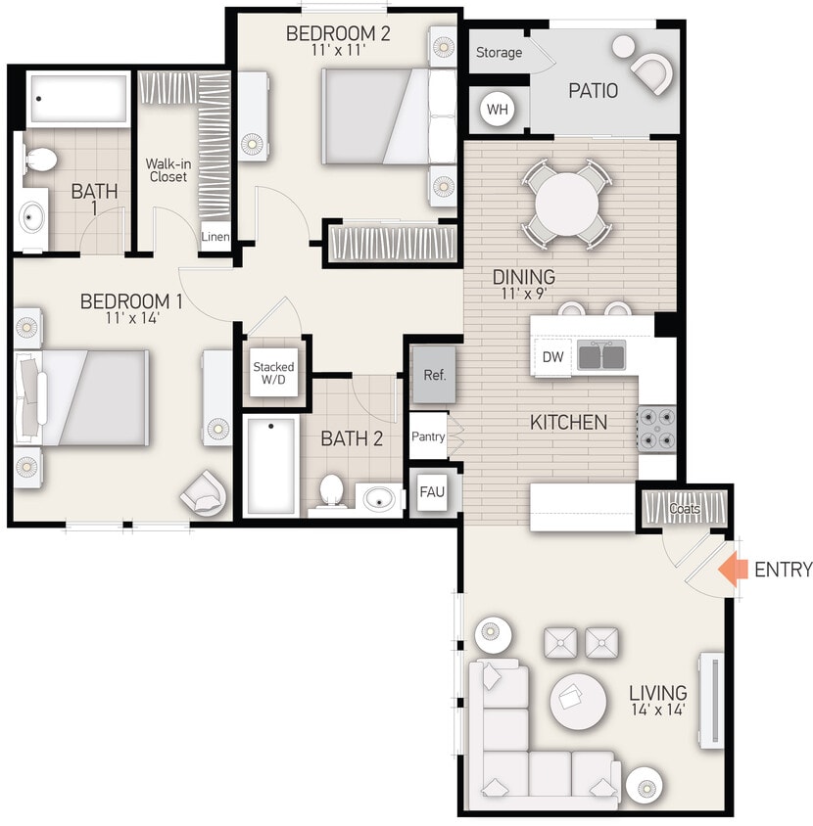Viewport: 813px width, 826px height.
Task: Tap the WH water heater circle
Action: [498, 109]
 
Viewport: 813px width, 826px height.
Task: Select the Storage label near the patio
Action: [499, 53]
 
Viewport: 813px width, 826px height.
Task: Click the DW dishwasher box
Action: [553, 357]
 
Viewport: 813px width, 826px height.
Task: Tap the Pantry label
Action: [428, 437]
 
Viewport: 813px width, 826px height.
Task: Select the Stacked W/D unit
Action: [273, 373]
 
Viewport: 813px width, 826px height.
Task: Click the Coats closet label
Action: [685, 509]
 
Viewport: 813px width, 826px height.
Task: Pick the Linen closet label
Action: [215, 237]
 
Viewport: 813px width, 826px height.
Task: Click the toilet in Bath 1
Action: [39, 161]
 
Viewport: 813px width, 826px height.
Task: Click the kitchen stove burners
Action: [655, 429]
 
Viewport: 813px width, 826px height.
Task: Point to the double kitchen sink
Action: [601, 355]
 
